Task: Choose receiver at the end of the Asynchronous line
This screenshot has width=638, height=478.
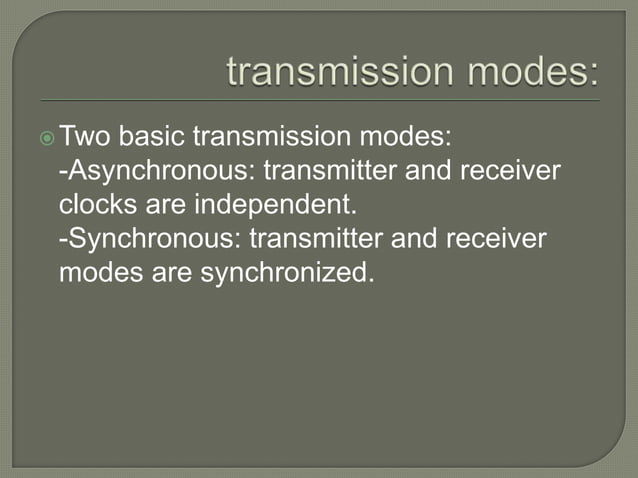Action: tap(510, 170)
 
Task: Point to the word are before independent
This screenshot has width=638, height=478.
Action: tap(158, 204)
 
